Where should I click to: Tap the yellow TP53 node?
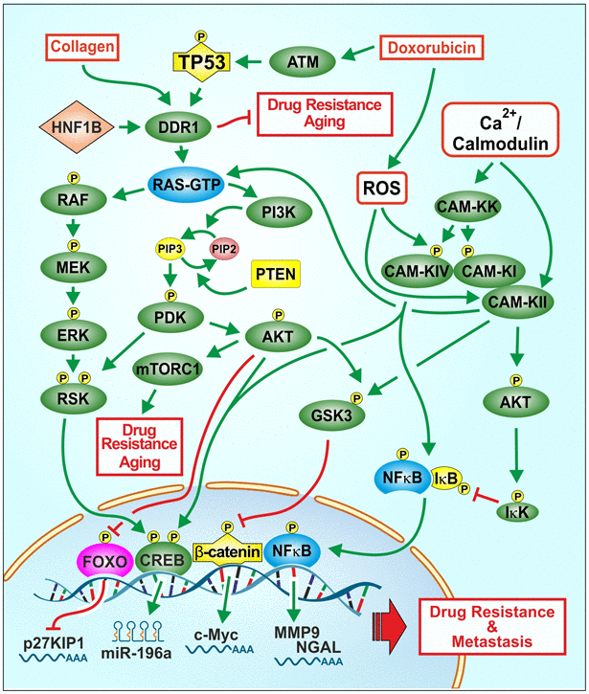(203, 62)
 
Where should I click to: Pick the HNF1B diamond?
(71, 123)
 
